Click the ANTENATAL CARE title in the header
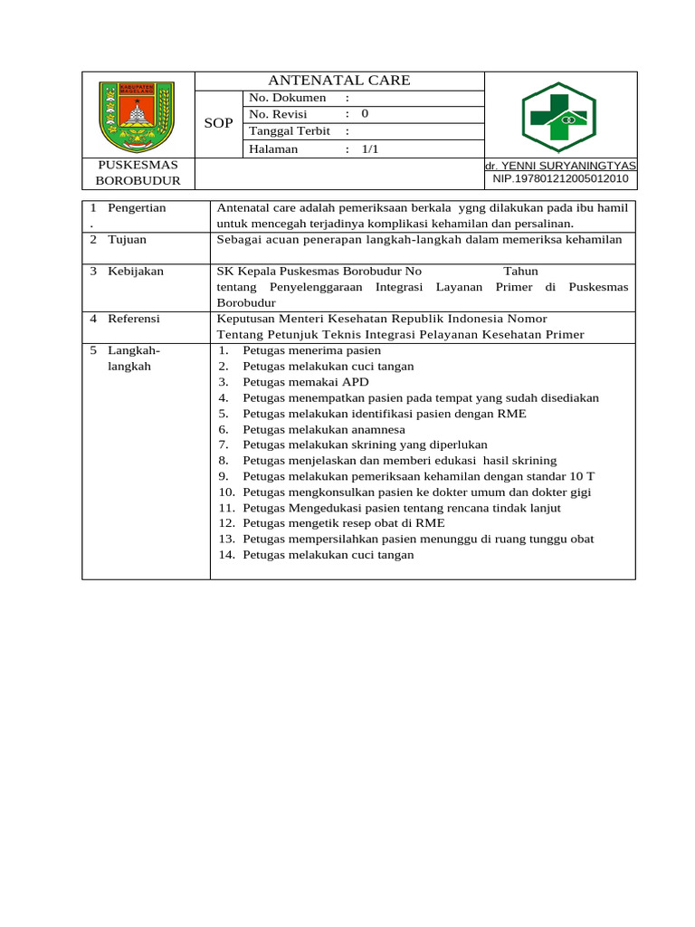click(339, 81)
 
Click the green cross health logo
click(559, 117)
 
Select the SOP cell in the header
click(218, 123)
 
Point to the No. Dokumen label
click(287, 98)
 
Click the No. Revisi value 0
click(365, 114)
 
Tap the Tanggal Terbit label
click(290, 131)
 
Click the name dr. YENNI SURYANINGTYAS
click(560, 166)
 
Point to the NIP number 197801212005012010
click(560, 179)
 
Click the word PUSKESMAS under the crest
click(138, 165)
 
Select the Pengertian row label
click(137, 208)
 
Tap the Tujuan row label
click(127, 240)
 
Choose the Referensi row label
click(134, 319)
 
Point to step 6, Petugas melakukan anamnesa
click(324, 429)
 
